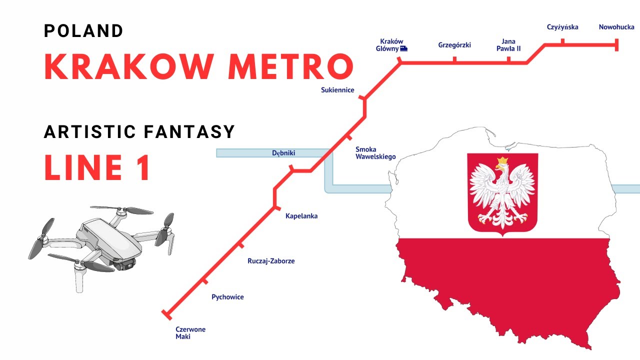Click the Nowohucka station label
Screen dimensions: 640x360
click(x=616, y=27)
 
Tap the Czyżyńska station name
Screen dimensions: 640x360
click(x=562, y=27)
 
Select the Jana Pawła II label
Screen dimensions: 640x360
click(x=508, y=45)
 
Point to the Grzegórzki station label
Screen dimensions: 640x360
click(x=454, y=45)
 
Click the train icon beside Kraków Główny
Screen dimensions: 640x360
click(x=403, y=49)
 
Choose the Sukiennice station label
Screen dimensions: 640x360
click(x=337, y=90)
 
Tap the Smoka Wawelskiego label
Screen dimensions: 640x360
click(x=375, y=153)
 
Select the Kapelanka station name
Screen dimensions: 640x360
click(x=301, y=216)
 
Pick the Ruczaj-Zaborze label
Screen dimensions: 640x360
click(x=271, y=261)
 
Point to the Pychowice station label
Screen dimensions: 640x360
click(x=227, y=297)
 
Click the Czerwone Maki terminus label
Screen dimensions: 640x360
click(x=190, y=333)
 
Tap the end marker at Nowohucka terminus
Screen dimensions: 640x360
click(x=616, y=45)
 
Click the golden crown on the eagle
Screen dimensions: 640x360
click(x=501, y=162)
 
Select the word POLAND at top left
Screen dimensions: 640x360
click(x=83, y=31)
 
